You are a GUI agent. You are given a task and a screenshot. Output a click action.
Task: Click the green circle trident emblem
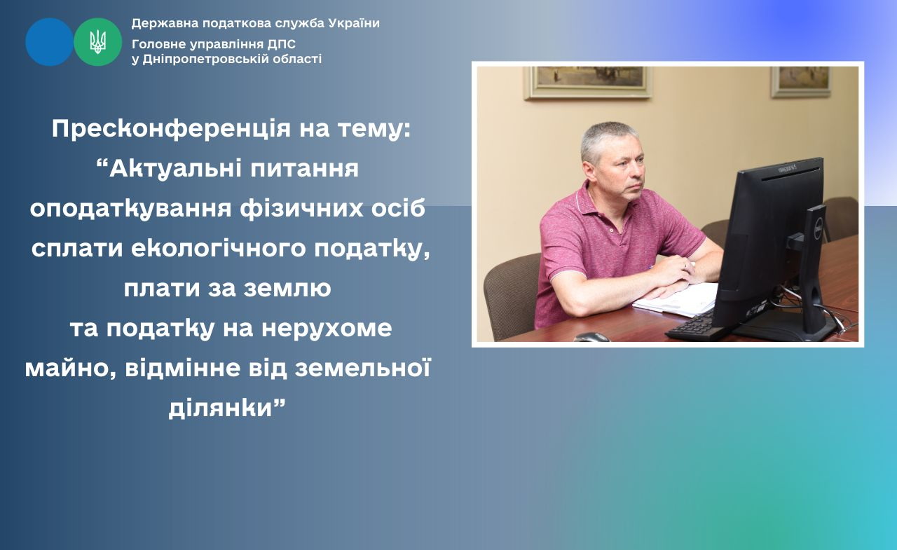point(97,41)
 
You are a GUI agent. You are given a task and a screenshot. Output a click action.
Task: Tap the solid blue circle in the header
point(49,41)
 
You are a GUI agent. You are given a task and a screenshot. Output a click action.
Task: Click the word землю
point(287,288)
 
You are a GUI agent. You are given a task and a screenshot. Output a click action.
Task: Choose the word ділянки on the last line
point(221,408)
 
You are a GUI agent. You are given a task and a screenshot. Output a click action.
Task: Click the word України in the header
point(354,23)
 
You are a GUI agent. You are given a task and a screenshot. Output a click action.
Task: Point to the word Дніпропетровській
point(206,60)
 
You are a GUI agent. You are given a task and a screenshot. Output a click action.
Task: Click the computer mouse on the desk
point(592,336)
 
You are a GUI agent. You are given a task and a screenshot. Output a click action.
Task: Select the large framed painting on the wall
point(588,83)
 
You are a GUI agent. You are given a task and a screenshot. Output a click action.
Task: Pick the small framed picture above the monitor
point(801,82)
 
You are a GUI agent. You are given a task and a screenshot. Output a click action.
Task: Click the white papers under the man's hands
point(677,299)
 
